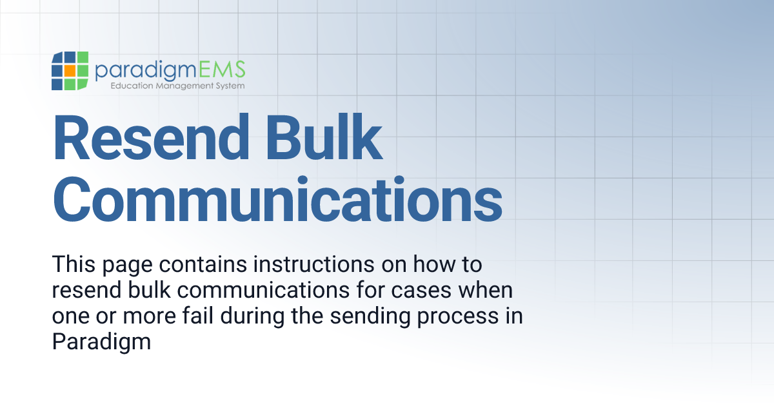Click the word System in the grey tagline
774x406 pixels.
click(x=229, y=86)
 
